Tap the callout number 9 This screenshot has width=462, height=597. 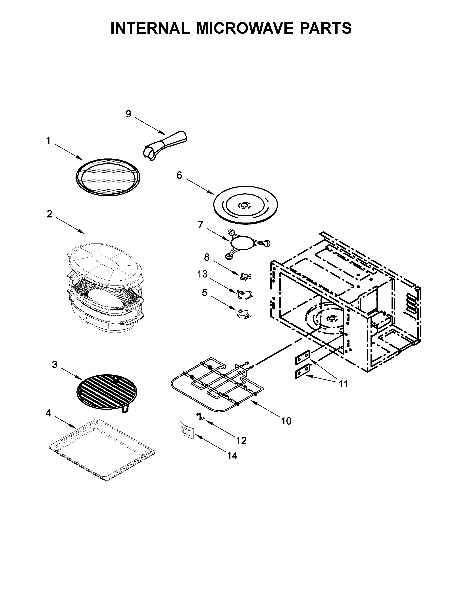[128, 114]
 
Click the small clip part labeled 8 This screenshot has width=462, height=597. [245, 276]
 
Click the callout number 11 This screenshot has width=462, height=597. [343, 384]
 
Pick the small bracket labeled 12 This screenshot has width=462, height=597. [200, 417]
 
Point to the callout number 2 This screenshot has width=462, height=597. [49, 214]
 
